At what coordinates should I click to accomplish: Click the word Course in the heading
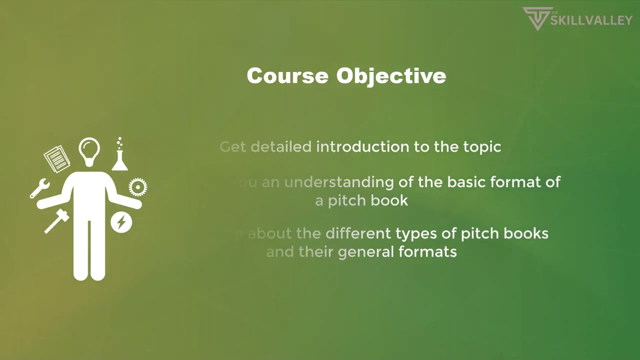[287, 76]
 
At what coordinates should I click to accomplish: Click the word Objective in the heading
[391, 76]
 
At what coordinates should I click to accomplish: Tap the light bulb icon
[89, 151]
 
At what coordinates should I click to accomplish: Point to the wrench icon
[39, 188]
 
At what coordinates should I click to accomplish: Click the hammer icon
[56, 220]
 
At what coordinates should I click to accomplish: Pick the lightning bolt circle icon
[121, 222]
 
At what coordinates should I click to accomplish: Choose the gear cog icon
[137, 187]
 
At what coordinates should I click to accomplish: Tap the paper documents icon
[57, 158]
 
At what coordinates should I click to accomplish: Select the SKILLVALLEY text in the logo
[591, 20]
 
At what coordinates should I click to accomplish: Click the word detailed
[280, 146]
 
